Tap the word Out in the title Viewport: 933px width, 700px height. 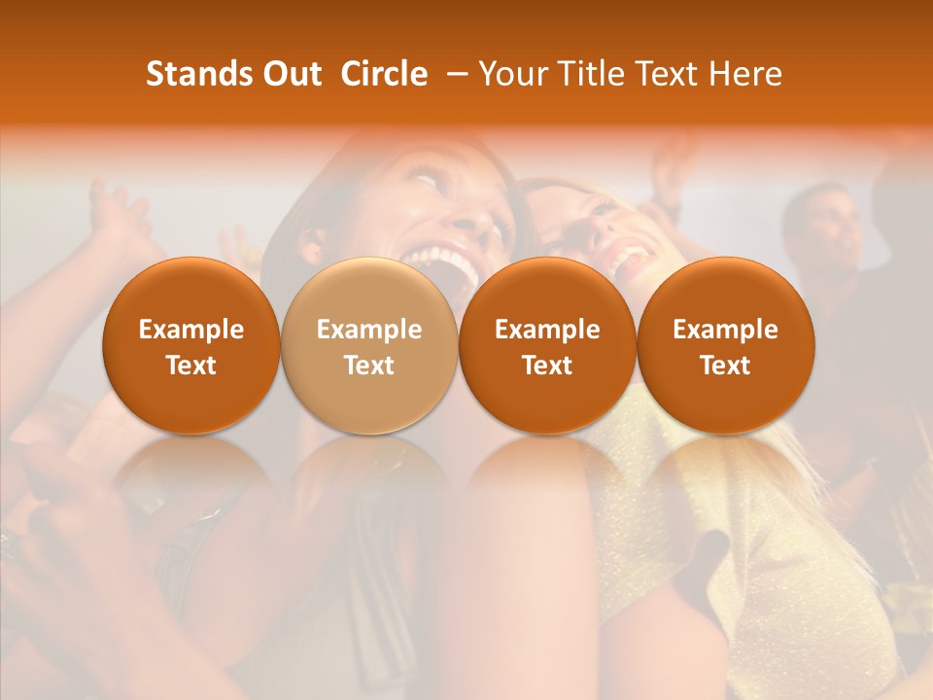[x=289, y=74]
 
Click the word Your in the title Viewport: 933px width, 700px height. [x=510, y=74]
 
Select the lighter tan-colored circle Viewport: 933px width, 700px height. [x=369, y=345]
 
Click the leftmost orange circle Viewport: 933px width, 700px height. [x=190, y=345]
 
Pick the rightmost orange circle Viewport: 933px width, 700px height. [x=725, y=345]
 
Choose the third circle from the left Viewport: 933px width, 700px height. [x=547, y=345]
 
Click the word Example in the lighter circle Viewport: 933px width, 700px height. [x=369, y=330]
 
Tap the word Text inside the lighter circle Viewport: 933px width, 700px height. [x=369, y=366]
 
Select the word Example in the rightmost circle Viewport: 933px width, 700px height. [x=725, y=330]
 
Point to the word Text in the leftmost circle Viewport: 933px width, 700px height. [x=190, y=366]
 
